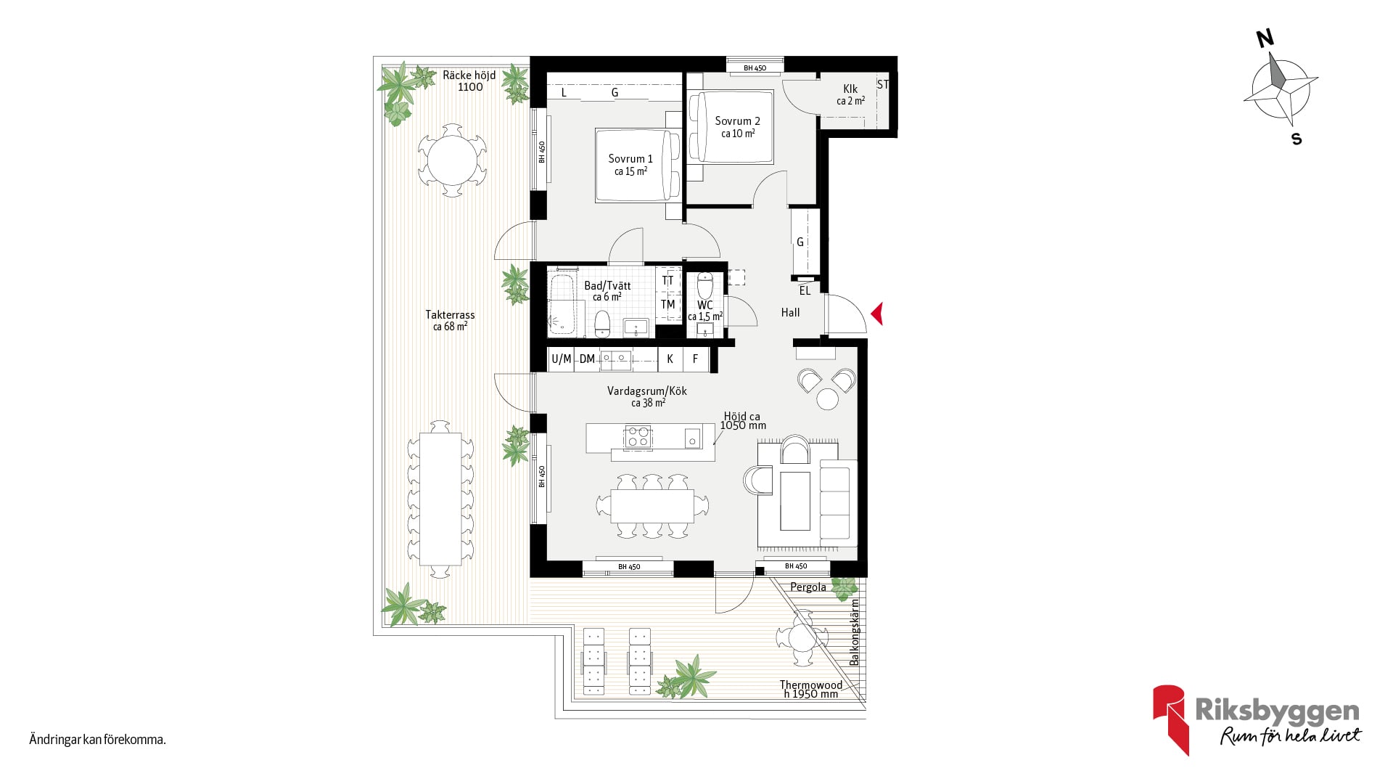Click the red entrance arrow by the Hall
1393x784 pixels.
click(x=877, y=314)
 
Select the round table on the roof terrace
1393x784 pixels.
click(x=452, y=160)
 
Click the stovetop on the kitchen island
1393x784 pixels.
click(x=638, y=437)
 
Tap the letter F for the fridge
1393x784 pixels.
click(x=695, y=359)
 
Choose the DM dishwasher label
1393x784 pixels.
click(x=587, y=359)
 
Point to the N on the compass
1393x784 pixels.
click(x=1265, y=38)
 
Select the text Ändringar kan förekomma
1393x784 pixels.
click(x=97, y=740)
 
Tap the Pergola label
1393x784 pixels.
click(x=808, y=587)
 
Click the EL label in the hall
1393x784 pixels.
click(x=805, y=290)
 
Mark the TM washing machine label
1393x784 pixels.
click(x=667, y=305)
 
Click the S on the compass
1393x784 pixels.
click(x=1297, y=139)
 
